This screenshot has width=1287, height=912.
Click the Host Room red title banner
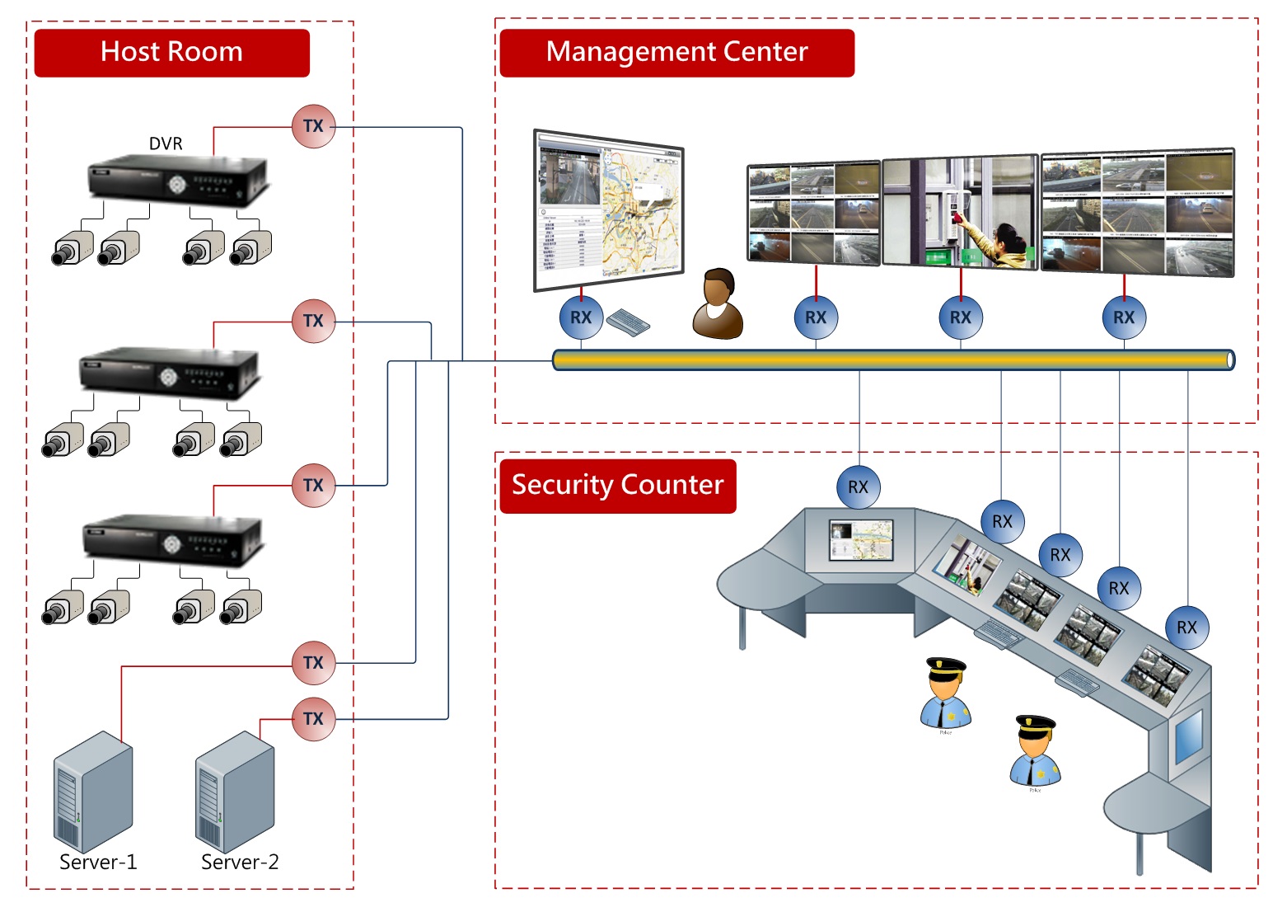pos(171,53)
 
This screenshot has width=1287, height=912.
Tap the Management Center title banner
pos(676,53)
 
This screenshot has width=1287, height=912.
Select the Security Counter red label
pos(617,486)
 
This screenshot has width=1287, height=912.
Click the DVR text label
pos(166,143)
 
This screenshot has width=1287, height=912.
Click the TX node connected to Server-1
pos(314,663)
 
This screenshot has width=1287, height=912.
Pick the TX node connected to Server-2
pos(314,719)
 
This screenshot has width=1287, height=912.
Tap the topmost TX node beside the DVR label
pos(314,126)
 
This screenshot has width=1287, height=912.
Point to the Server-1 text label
pos(98,863)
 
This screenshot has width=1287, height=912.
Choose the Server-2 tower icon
pos(235,792)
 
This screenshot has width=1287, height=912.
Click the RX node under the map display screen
pos(581,317)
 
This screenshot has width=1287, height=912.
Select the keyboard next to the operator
pos(628,322)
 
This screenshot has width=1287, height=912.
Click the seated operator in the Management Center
pos(718,304)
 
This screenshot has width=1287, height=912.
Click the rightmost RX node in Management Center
pos(1124,317)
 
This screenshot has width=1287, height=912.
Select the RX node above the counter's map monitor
pos(858,487)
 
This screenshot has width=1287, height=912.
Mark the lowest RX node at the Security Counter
pos(1186,628)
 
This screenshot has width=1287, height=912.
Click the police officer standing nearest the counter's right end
pos(1036,752)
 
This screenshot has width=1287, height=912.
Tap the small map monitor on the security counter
pos(861,541)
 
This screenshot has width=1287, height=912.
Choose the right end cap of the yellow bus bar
pos(1229,360)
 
